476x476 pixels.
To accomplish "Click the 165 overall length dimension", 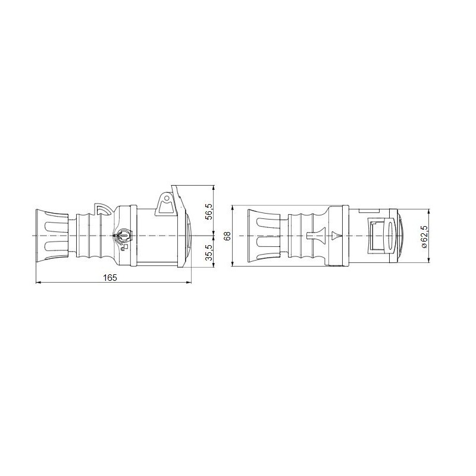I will coord(109,277).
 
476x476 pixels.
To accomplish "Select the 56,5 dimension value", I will coord(208,211).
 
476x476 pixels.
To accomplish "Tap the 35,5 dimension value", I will coord(208,252).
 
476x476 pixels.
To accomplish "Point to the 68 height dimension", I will coord(227,236).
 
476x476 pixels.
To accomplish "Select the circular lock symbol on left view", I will coord(123,236).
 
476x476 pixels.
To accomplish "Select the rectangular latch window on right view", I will coord(375,236).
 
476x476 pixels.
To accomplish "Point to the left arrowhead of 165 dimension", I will coord(39,282).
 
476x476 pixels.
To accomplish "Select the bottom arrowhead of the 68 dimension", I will coord(233,265).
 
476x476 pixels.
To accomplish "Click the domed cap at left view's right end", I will coord(189,236).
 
